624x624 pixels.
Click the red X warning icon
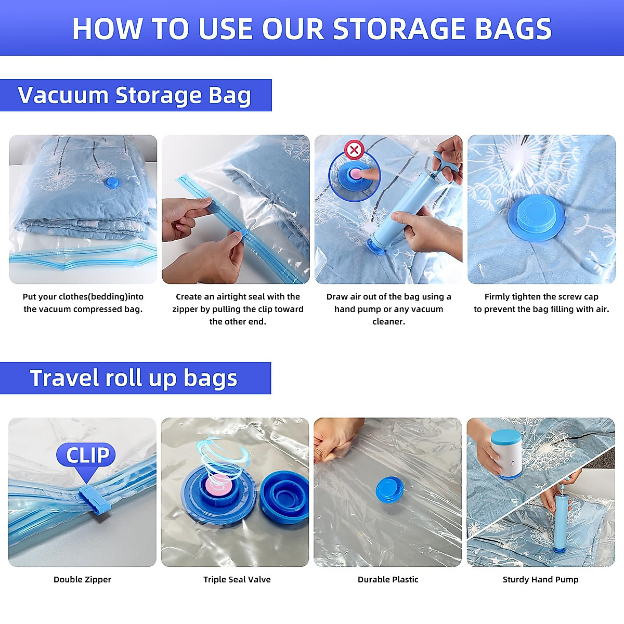coord(354,151)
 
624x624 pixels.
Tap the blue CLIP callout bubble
coord(87,456)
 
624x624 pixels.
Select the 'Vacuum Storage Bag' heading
coord(135,95)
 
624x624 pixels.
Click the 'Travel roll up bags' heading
coord(134,378)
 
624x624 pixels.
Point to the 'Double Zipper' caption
coord(82,579)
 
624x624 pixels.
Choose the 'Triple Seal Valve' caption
coord(237,579)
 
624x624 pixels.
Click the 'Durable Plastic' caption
coord(388,579)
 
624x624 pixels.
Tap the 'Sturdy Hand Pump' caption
coord(540,579)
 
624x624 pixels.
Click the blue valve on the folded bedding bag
coord(112,183)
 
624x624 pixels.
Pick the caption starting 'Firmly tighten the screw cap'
coord(541,303)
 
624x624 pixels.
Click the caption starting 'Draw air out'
coord(388,309)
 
